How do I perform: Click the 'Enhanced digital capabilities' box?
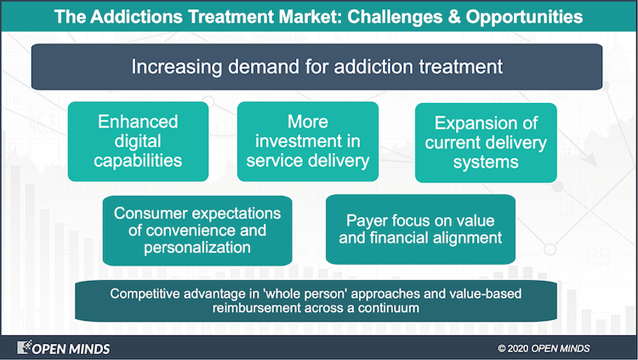pos(138,141)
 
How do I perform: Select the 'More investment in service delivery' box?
pos(308,141)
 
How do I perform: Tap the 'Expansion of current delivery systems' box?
pos(486,142)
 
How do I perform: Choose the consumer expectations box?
pos(198,231)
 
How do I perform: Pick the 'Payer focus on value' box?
pos(420,230)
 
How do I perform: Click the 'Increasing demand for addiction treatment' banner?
pos(317,67)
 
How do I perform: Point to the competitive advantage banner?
pos(316,301)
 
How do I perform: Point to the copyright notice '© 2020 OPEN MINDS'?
pos(544,349)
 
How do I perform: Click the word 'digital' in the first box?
pos(138,142)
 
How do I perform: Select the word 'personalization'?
pos(197,247)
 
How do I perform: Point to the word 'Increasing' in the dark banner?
pos(177,67)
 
